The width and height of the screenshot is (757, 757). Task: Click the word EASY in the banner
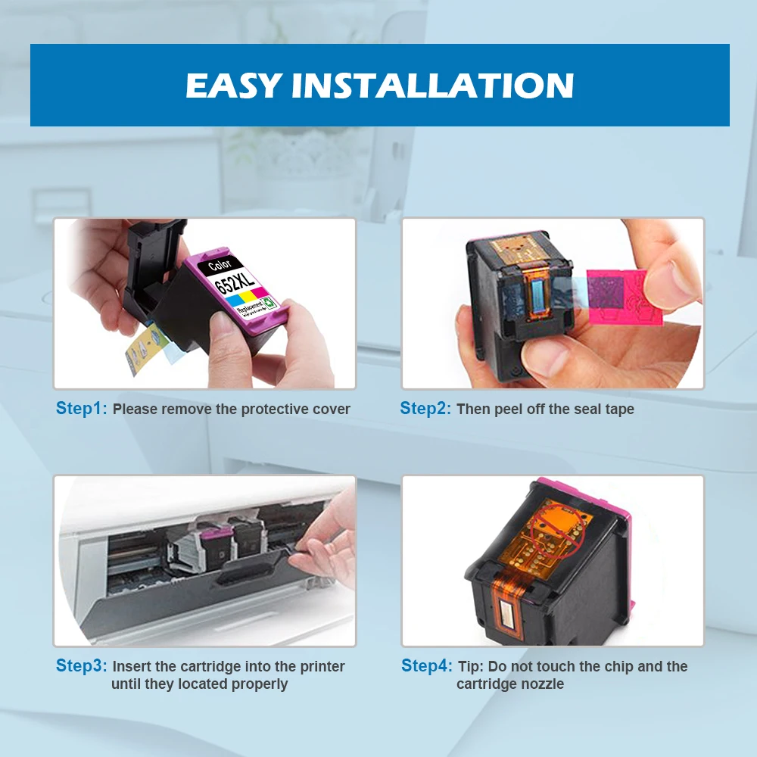click(234, 86)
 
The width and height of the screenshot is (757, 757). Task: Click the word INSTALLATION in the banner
click(432, 86)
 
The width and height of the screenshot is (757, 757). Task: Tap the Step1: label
click(82, 409)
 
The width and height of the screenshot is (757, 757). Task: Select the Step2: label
click(425, 409)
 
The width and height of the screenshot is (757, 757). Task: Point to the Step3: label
click(82, 665)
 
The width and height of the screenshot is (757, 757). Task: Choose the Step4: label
click(427, 665)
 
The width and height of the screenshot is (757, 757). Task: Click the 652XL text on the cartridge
click(234, 282)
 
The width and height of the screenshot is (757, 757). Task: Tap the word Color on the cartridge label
click(220, 264)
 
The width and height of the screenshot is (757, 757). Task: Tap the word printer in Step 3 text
click(322, 667)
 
